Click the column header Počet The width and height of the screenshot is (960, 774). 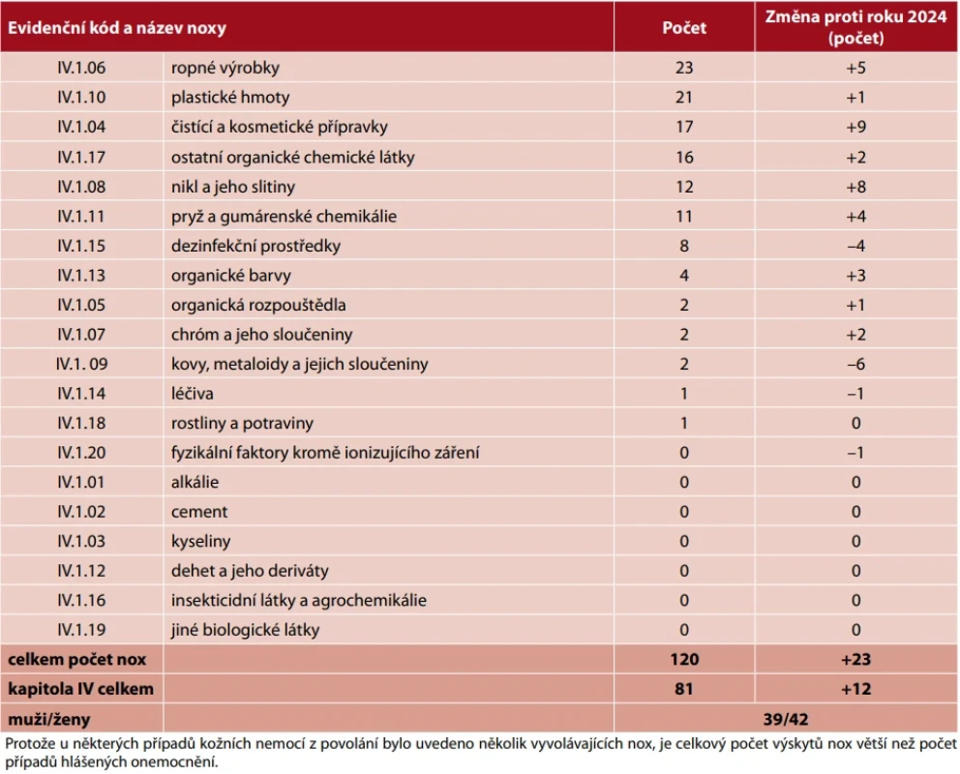(x=684, y=27)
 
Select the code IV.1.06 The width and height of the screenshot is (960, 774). (x=81, y=68)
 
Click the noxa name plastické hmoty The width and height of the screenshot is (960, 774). (x=230, y=98)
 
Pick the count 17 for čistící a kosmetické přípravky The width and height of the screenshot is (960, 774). (x=684, y=127)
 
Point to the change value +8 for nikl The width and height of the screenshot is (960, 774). (x=855, y=187)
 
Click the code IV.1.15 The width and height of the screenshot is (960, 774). (x=81, y=246)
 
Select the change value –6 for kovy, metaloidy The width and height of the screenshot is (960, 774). (x=855, y=364)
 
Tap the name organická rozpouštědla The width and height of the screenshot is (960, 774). (x=258, y=305)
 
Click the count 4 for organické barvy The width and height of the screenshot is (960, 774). (x=684, y=276)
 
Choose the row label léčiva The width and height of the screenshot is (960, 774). (x=193, y=394)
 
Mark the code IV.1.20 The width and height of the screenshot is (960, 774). (x=81, y=453)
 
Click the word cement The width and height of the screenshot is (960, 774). (x=199, y=512)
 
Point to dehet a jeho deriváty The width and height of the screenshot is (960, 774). (x=250, y=571)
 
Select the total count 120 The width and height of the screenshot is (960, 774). (x=684, y=659)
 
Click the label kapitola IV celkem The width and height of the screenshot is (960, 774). (x=81, y=689)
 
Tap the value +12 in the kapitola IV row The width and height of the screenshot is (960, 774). (x=855, y=689)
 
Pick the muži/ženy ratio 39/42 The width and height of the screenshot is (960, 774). (x=786, y=719)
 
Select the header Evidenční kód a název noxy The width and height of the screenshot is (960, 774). (x=117, y=27)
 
